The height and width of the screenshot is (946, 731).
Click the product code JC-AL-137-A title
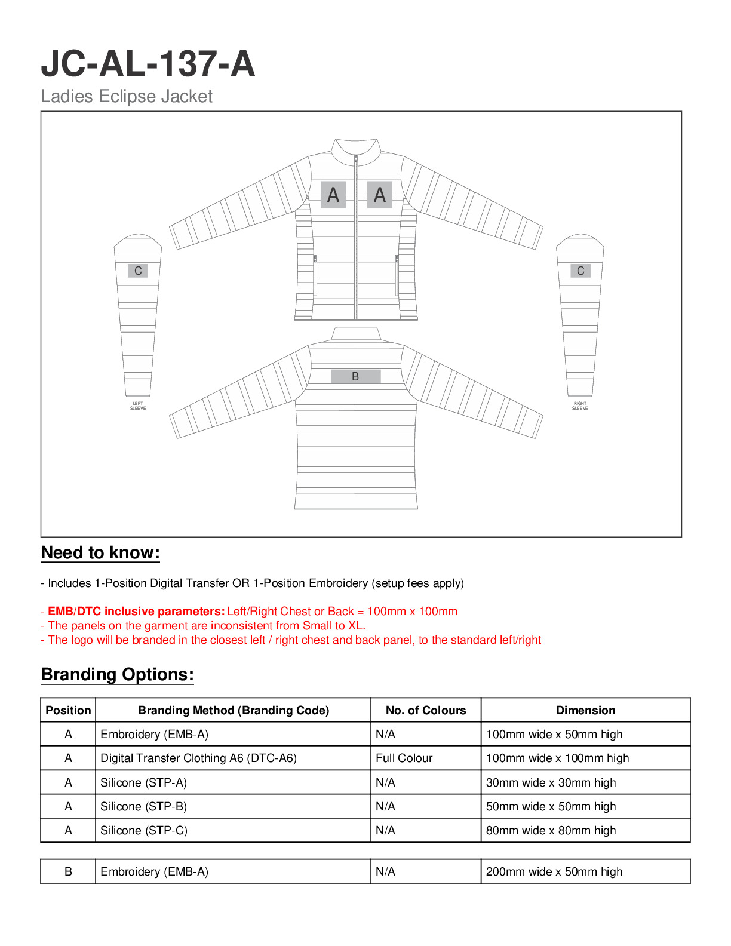148,64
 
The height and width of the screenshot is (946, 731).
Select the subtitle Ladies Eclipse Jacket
127,96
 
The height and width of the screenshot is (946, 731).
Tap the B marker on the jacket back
355,376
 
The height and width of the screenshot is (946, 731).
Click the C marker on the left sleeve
138,271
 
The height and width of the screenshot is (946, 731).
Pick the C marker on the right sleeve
580,271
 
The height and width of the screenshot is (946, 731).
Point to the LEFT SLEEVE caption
138,406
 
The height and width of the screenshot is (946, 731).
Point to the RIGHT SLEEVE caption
580,406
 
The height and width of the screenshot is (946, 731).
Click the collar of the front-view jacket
357,149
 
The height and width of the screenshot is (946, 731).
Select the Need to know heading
100,552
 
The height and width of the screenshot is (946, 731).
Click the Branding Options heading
117,674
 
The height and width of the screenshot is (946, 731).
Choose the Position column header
68,710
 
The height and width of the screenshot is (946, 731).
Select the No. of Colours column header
426,710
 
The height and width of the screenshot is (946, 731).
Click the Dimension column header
585,710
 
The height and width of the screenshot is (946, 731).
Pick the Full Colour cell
404,758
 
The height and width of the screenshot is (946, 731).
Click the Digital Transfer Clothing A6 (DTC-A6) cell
198,758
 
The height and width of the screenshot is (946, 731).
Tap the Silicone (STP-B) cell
143,806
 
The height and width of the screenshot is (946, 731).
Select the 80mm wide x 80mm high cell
551,830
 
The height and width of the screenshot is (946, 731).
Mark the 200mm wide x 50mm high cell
554,871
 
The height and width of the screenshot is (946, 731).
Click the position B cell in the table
68,871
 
